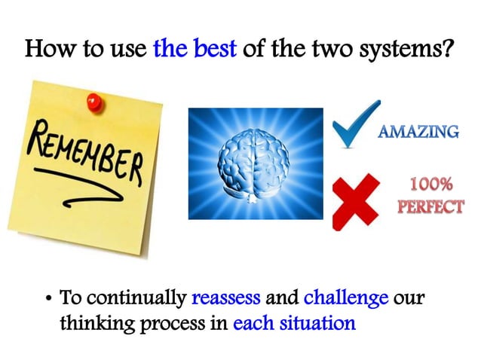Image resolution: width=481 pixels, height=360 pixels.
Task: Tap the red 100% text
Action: [x=430, y=185]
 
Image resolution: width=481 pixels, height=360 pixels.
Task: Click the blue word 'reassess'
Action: [x=225, y=298]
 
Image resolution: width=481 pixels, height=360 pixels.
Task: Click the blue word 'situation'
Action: [x=314, y=325]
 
